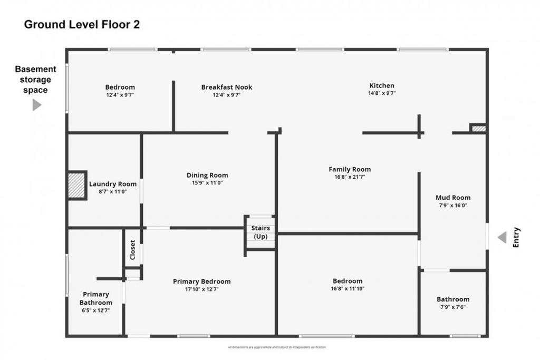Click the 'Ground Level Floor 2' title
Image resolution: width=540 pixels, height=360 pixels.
coord(82,24)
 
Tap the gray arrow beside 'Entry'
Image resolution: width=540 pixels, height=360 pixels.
coord(502,237)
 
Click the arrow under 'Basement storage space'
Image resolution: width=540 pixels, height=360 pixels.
coord(36,105)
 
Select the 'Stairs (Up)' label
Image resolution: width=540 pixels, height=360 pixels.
coord(261,232)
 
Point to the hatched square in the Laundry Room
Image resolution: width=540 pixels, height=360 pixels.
coord(77,185)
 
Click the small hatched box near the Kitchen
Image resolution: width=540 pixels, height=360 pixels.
coord(478,128)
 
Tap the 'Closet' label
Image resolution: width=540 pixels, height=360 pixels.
coord(132,250)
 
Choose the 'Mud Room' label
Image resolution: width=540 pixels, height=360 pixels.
coord(453,198)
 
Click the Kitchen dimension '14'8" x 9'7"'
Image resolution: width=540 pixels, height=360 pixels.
coord(382,93)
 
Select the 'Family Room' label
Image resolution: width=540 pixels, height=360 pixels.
coord(350,169)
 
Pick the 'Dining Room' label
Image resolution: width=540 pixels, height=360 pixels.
coord(207,175)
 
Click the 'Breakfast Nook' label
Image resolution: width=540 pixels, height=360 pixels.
coord(227,87)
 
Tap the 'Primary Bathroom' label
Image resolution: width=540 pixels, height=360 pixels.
coord(96,298)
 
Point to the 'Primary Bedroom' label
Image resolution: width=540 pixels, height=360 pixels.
coord(201,281)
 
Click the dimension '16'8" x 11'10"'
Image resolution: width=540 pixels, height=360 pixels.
coord(348,289)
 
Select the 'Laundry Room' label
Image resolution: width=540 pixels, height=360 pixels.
coord(113,184)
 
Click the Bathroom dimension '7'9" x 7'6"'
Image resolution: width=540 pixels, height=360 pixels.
coord(453,307)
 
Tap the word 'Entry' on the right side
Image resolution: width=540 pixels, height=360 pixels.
coord(516,237)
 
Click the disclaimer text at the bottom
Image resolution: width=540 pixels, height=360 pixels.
coord(277,347)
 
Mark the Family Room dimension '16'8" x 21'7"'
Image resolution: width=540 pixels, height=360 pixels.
coord(350,177)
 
